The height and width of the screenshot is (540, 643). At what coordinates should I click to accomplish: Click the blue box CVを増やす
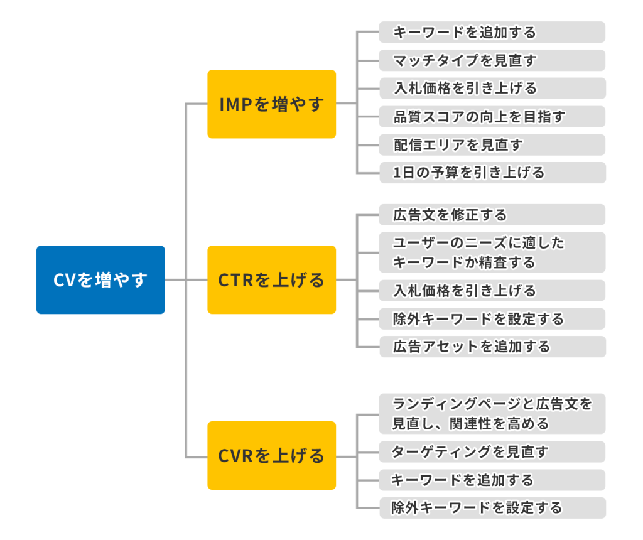(100, 279)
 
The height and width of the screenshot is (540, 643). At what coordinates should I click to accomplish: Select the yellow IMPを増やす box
(271, 104)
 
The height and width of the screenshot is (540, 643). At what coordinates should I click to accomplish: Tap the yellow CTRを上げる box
(271, 279)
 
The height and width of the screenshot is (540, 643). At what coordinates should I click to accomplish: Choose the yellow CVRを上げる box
(271, 455)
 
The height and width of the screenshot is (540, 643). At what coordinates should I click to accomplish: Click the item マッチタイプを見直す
(492, 60)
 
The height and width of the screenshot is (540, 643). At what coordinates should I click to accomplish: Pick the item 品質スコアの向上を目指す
(492, 116)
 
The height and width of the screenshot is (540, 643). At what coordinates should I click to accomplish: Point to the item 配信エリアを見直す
(492, 145)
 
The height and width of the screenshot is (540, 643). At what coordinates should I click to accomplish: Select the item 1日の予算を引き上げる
(492, 173)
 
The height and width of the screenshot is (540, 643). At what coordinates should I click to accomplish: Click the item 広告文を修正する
(492, 215)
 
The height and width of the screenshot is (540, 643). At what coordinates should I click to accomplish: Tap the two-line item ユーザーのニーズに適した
(492, 252)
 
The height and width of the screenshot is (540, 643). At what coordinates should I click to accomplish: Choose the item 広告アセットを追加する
(492, 347)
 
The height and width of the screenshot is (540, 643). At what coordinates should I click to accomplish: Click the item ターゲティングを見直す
(492, 451)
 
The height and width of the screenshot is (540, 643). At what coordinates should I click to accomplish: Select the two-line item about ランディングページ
(492, 414)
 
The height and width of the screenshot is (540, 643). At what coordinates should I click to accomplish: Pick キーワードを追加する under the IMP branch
(492, 32)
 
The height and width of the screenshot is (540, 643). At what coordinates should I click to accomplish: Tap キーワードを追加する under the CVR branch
(492, 480)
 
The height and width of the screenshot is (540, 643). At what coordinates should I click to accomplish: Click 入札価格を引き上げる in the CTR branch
(492, 290)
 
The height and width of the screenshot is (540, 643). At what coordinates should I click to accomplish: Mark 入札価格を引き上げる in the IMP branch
(492, 88)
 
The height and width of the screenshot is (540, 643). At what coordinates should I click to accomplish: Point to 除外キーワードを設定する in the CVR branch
(492, 507)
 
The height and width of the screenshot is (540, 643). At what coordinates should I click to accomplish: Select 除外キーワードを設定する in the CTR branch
(492, 318)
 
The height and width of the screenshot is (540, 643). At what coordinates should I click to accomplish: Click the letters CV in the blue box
(65, 280)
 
